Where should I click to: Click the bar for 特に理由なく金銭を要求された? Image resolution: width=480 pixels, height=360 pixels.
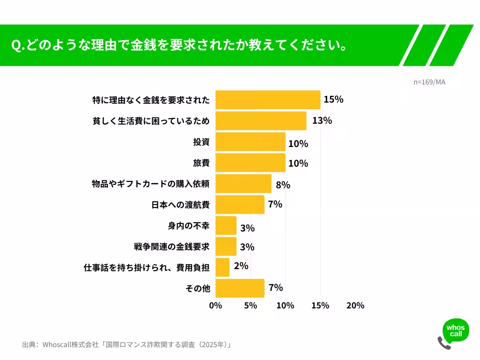tap(268, 100)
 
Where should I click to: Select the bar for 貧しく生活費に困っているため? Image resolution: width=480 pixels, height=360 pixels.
tap(261, 121)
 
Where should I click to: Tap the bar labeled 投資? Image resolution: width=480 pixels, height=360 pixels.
tap(250, 142)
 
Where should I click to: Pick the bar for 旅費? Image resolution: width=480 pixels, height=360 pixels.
tap(250, 163)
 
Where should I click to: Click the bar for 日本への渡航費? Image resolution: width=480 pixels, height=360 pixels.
tap(240, 204)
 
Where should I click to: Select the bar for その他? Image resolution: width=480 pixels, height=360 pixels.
tap(240, 288)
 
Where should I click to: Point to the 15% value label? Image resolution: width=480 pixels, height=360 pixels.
tap(333, 100)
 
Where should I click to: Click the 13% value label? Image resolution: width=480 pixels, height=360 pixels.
tap(322, 120)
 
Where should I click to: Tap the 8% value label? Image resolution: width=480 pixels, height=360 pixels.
tap(283, 185)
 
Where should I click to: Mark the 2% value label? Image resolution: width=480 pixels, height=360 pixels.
tap(241, 266)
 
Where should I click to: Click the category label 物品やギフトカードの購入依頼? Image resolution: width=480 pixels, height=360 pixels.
tap(151, 184)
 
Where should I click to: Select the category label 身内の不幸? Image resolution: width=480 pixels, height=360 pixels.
tap(189, 226)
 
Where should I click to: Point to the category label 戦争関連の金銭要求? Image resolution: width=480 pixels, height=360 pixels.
tap(172, 247)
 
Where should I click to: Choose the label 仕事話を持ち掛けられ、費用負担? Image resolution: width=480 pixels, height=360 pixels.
tap(147, 268)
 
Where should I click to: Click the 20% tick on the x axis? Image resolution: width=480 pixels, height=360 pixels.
tap(355, 306)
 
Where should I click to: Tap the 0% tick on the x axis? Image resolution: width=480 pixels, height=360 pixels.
tap(216, 306)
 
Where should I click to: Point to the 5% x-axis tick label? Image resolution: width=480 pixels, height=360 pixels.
tap(250, 306)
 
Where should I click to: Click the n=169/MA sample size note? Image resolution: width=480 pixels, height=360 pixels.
tap(429, 82)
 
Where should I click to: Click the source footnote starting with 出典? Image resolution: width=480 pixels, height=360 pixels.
tap(127, 344)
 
